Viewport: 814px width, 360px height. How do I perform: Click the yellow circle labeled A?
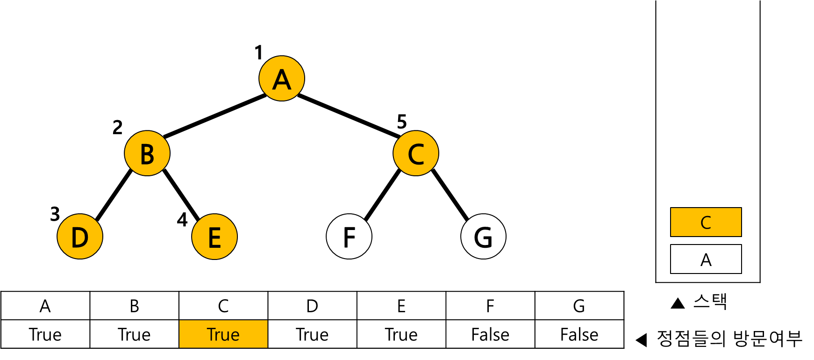[x=282, y=79]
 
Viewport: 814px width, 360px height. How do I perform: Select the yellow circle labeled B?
[x=147, y=153]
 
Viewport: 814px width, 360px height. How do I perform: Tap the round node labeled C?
[x=416, y=153]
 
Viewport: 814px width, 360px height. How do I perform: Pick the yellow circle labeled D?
[x=80, y=237]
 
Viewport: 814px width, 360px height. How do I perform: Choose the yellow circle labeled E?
[x=214, y=237]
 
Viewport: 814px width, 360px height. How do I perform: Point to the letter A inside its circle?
[x=282, y=80]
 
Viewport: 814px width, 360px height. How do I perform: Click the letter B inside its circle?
[x=147, y=154]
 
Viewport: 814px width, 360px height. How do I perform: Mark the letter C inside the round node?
[x=416, y=154]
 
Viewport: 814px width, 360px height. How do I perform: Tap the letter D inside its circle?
[x=80, y=238]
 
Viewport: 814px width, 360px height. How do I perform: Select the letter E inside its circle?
[x=214, y=238]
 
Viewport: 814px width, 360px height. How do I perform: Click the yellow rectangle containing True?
[x=223, y=334]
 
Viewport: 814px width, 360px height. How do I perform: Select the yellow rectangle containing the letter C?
[x=706, y=222]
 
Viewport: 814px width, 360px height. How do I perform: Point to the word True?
[x=223, y=335]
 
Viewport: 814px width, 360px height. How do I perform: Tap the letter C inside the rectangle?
[x=706, y=223]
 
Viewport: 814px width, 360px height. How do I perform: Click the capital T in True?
[x=211, y=335]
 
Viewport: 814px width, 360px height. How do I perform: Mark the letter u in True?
[x=226, y=336]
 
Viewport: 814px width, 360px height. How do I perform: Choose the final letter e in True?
[x=235, y=336]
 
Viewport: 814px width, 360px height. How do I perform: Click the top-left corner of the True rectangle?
[x=180, y=321]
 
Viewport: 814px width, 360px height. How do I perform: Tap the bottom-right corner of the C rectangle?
[x=741, y=236]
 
